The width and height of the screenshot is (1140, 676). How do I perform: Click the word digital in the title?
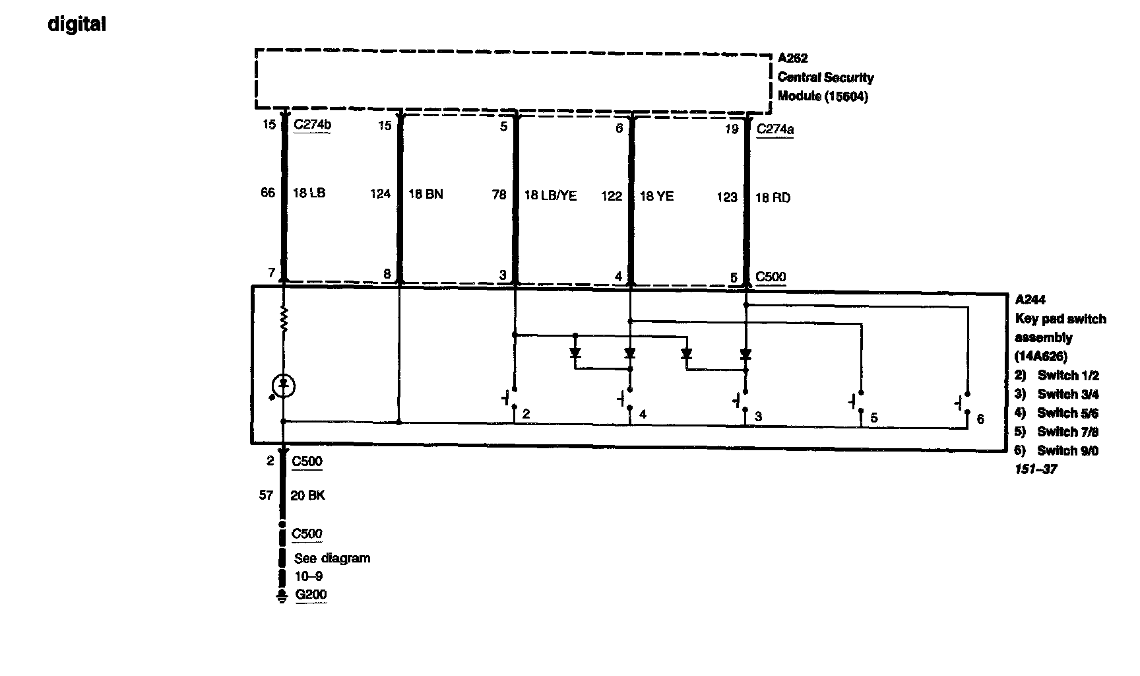pos(77,25)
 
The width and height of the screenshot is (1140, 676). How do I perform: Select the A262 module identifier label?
pos(792,58)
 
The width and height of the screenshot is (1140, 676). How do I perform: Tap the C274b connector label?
pos(312,123)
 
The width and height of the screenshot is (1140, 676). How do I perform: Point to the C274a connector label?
pos(775,129)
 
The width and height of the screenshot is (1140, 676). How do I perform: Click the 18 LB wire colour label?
pos(309,193)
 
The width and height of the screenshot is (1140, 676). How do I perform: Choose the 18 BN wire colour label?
pos(426,193)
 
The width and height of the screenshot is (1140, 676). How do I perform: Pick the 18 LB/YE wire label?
pos(550,195)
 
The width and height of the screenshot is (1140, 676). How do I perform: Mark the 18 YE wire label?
pos(656,195)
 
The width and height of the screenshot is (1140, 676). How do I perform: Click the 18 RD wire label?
pos(773,197)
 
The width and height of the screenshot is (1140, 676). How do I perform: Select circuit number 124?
pos(380,193)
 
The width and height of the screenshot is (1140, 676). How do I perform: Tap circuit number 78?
pos(499,194)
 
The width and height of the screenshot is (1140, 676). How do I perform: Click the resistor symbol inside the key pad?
pos(284,320)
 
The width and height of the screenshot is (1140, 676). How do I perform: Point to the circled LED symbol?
pos(284,385)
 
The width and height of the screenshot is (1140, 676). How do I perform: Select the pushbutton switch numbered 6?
pos(963,402)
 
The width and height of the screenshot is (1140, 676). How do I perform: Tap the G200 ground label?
pos(311,594)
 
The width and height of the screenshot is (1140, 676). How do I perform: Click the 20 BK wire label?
pos(307,495)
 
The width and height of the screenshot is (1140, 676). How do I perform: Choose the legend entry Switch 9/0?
pos(1067,450)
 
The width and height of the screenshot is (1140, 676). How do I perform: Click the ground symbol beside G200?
pos(282,597)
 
